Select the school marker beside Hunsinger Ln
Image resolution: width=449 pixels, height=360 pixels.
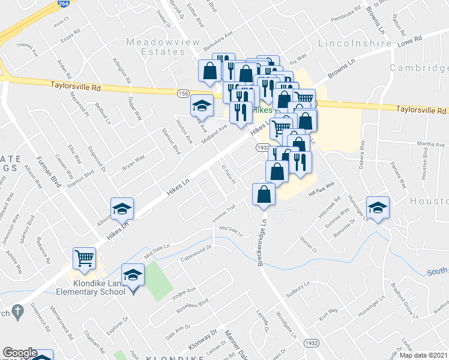coord(378,208)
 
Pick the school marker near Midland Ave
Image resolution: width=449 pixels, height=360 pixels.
coord(202,107)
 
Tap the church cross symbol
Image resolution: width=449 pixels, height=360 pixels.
coord(19,312)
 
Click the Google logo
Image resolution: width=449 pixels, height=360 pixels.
coord(19,353)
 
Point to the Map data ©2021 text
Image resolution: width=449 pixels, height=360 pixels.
coord(423,355)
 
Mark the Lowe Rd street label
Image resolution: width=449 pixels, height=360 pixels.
coord(410,40)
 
